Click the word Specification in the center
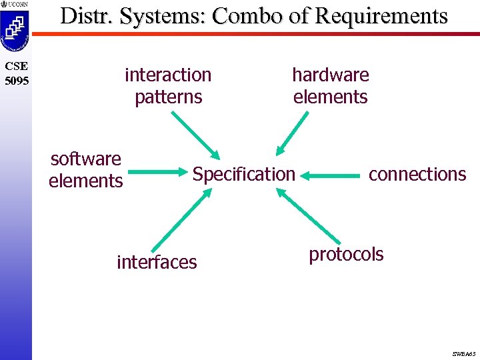243,175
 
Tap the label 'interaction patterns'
168,86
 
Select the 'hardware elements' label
331,86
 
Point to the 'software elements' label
86,169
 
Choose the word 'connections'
417,174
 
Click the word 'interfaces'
157,263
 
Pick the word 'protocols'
346,254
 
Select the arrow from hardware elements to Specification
293,134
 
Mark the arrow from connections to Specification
333,176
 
